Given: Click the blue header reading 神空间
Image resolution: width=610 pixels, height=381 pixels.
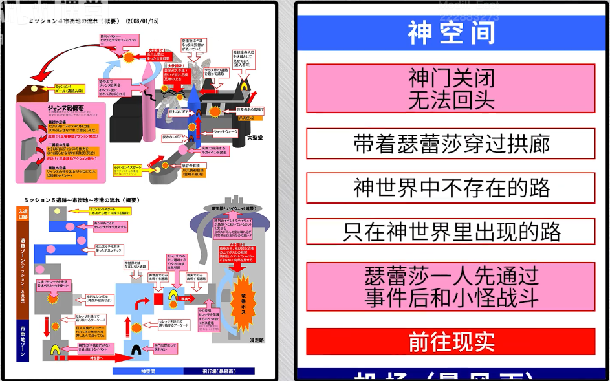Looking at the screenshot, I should [x=451, y=32].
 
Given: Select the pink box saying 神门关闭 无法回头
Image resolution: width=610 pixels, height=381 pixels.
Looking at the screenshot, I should [x=451, y=89].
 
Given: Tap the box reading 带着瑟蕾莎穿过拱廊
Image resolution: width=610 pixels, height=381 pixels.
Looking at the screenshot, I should [x=451, y=144].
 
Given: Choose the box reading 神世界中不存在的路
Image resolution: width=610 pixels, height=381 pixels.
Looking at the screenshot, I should [x=451, y=188].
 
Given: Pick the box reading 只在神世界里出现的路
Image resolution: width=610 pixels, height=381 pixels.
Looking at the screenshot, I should [x=451, y=232].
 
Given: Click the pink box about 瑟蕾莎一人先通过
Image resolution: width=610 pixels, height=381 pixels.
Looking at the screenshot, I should [x=451, y=287].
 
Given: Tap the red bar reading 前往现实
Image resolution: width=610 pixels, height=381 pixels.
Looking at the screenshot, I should [x=451, y=342].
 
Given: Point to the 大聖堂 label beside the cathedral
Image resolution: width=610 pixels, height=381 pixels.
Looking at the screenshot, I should [x=256, y=138].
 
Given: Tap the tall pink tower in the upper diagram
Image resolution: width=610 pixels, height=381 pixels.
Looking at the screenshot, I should [x=148, y=107].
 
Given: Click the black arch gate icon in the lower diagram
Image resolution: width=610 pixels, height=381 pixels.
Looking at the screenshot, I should [x=138, y=351].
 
